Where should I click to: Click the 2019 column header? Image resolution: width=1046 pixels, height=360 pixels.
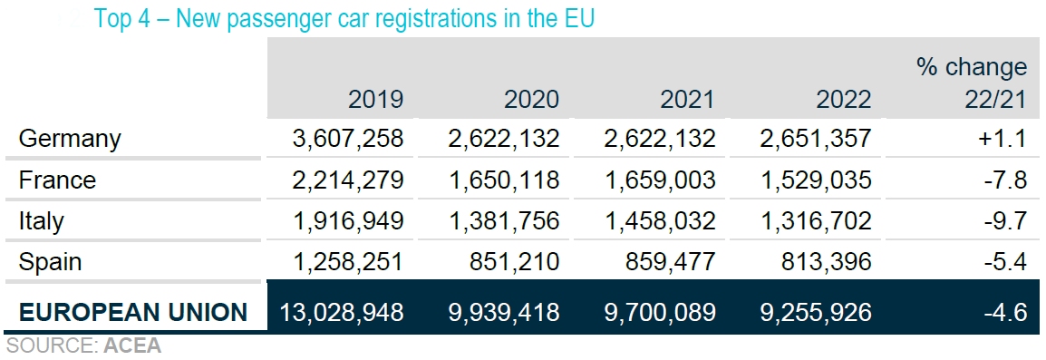tap(375, 99)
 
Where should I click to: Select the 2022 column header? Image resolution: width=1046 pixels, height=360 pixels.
tap(843, 99)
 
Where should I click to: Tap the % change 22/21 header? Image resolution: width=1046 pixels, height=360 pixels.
tap(972, 83)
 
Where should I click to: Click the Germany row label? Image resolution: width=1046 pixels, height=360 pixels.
tap(70, 139)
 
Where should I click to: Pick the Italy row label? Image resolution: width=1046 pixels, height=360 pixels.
tap(42, 220)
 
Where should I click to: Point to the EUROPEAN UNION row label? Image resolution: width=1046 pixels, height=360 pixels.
tap(133, 313)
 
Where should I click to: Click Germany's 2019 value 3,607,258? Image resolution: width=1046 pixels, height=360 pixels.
tap(348, 139)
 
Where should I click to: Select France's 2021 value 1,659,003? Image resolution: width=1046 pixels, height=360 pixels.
tap(659, 180)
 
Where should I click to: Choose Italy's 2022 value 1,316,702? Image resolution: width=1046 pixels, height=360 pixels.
tap(815, 220)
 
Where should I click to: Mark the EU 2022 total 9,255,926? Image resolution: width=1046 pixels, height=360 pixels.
tap(815, 313)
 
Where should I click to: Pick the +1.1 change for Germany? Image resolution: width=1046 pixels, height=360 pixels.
tap(1003, 139)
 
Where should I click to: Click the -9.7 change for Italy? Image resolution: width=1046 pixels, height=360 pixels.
tap(1007, 220)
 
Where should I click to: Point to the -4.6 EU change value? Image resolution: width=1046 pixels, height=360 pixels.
tap(1007, 313)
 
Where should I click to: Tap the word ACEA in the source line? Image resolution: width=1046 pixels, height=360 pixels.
tap(132, 345)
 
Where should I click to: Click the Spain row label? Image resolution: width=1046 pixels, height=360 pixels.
tap(50, 262)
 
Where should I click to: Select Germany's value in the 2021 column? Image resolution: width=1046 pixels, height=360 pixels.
tap(659, 139)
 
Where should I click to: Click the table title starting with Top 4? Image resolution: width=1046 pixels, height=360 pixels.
tap(344, 19)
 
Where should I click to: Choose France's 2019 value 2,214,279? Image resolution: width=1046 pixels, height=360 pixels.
tap(348, 180)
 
